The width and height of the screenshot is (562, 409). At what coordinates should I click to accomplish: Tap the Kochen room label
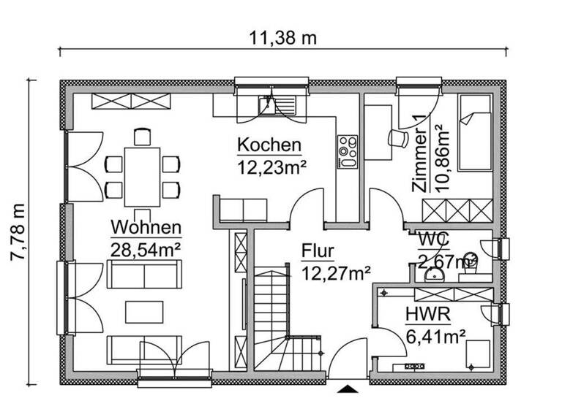(269, 145)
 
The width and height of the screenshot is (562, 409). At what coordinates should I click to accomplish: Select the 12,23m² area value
(271, 167)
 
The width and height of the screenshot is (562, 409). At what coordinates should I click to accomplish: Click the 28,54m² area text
(145, 248)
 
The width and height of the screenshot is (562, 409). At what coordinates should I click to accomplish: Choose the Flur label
(318, 252)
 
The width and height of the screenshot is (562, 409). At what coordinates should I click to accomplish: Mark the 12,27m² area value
(336, 274)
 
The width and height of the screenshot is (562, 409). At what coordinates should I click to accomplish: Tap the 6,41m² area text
(436, 337)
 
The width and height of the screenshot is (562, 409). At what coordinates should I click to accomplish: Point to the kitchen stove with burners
(346, 151)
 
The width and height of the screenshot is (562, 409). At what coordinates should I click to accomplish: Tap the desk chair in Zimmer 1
(399, 137)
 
